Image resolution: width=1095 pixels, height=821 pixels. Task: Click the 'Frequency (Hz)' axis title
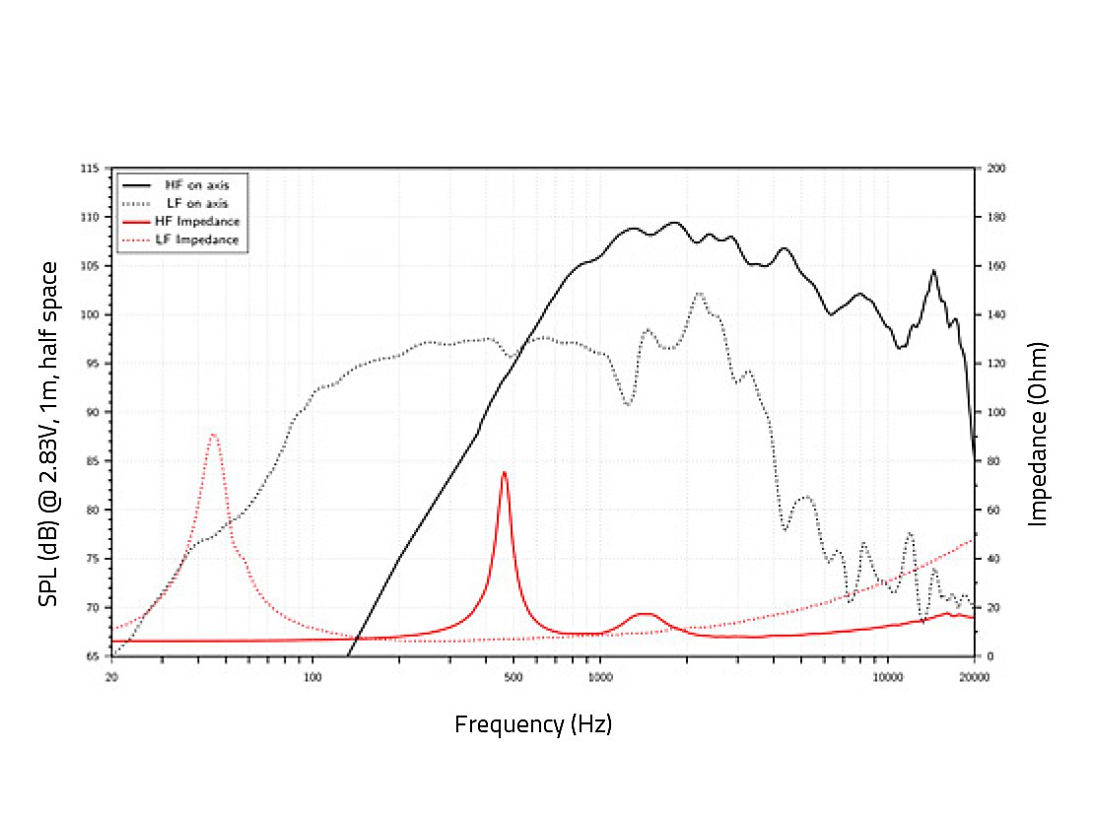[x=533, y=724]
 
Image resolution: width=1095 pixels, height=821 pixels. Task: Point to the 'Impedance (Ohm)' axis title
[x=1039, y=435]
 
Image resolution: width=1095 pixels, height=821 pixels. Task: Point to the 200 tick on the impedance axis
[x=991, y=169]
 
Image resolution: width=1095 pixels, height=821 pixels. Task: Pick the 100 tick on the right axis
[x=991, y=412]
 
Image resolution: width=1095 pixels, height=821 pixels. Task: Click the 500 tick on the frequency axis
[x=512, y=676]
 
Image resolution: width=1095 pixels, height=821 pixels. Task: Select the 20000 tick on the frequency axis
[x=974, y=676]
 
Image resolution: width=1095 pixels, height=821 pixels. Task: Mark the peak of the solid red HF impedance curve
[x=504, y=472]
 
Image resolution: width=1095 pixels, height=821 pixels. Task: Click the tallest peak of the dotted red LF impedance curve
[x=213, y=434]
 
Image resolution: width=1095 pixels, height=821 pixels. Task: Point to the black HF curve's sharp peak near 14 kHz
[x=932, y=270]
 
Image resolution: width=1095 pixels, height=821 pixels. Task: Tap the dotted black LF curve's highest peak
[x=700, y=293]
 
